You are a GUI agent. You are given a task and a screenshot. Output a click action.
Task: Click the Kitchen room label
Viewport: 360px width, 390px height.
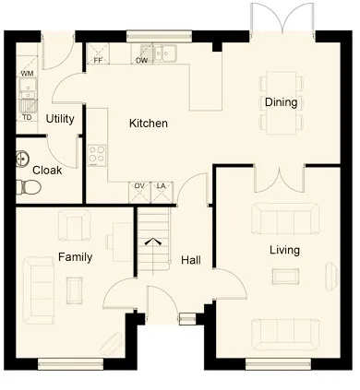[x=149, y=124]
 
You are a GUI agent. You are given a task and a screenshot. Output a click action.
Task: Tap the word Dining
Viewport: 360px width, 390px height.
[x=281, y=102]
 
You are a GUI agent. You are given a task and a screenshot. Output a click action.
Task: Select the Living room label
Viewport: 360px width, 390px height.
[x=284, y=250]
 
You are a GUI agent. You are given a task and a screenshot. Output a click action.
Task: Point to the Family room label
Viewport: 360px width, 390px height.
[x=75, y=257]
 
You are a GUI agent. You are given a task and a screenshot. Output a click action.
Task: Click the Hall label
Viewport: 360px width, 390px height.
[x=191, y=260]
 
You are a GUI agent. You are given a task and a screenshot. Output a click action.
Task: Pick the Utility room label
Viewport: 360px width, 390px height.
[x=60, y=119]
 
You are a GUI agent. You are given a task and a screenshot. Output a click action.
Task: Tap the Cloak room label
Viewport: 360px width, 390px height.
[x=47, y=170]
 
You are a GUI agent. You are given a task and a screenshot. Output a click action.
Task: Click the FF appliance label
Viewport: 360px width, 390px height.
[x=98, y=60]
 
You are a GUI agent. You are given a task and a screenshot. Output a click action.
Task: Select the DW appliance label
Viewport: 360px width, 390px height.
[x=142, y=61]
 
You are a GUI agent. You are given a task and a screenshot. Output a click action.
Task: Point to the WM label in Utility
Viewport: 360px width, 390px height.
[x=27, y=74]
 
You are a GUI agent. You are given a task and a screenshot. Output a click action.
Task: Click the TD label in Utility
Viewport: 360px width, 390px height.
[x=27, y=117]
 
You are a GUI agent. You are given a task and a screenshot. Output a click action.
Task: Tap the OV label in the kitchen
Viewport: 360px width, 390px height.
[x=139, y=186]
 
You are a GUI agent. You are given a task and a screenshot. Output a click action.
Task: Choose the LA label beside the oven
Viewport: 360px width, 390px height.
[x=162, y=186]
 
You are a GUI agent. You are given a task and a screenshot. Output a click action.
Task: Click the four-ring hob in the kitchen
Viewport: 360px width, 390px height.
[x=97, y=155]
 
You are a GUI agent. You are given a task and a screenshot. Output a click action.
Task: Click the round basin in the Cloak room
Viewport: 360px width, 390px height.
[x=22, y=159]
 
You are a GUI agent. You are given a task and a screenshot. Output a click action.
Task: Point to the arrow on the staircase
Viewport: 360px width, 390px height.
[x=153, y=242]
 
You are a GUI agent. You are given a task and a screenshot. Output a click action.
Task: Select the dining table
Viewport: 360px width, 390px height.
[x=281, y=102]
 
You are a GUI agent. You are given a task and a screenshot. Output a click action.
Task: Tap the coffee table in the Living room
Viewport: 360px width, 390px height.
[x=285, y=277]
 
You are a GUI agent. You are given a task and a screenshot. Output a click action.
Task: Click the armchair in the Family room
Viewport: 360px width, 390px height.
[x=75, y=225]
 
